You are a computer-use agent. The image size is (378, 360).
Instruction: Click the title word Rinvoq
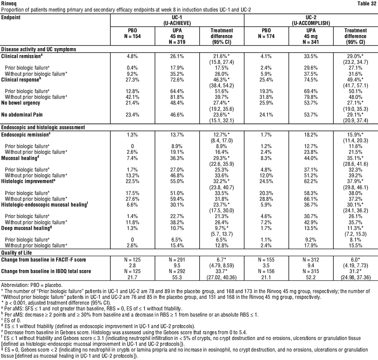pyautogui.click(x=8, y=3)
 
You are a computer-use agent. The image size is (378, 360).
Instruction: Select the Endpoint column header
pyautogui.click(x=11, y=17)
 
